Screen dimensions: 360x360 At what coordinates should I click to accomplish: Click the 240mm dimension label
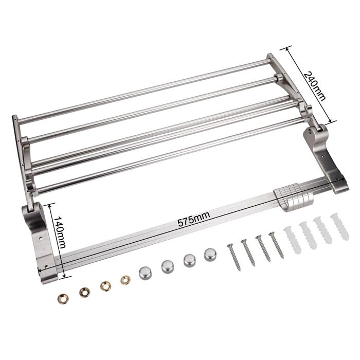[x=315, y=86]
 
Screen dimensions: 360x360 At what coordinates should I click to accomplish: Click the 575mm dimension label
[x=194, y=220]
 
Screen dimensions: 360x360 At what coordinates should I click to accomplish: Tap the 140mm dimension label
[x=60, y=232]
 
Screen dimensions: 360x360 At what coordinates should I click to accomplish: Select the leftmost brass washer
[x=63, y=299]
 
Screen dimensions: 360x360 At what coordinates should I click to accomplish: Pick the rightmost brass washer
[x=125, y=279]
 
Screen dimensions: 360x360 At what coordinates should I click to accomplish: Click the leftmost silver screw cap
[x=146, y=273]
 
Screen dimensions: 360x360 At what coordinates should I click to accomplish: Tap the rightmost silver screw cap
[x=210, y=255]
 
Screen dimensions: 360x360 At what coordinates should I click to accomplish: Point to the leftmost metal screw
[x=234, y=257]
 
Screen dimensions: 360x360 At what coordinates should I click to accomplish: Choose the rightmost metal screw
[x=277, y=245]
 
